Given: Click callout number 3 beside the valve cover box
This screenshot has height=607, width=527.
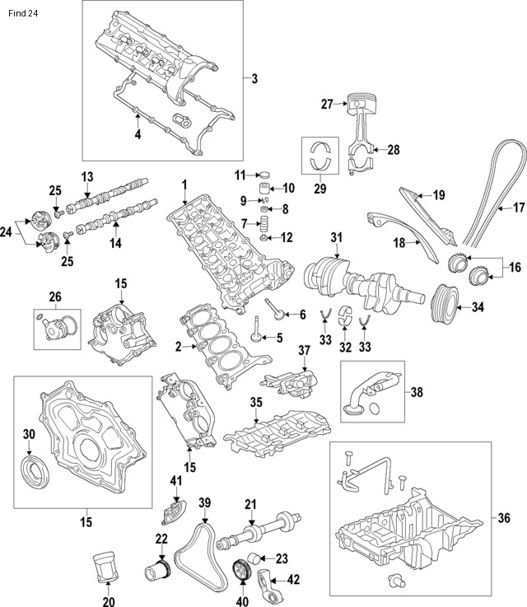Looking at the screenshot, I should pyautogui.click(x=254, y=79).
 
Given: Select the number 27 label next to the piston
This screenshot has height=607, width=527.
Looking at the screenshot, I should pyautogui.click(x=326, y=104).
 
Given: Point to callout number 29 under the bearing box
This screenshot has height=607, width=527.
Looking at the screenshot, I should pyautogui.click(x=320, y=189).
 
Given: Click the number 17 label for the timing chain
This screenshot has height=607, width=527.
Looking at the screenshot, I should pyautogui.click(x=519, y=208).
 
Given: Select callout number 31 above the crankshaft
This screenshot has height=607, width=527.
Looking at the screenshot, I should pyautogui.click(x=335, y=237).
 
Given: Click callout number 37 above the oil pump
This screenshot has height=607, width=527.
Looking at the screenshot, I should pyautogui.click(x=304, y=350).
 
